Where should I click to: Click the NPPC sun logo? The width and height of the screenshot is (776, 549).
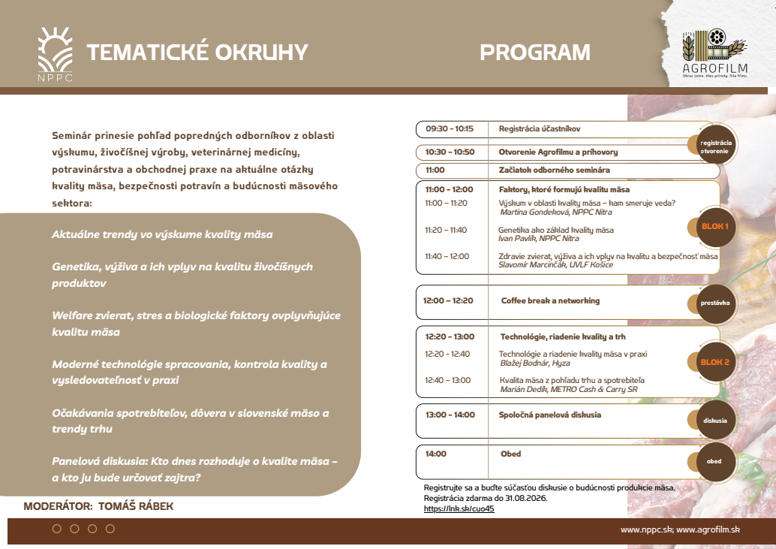56,53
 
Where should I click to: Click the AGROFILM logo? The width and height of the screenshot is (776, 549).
714,53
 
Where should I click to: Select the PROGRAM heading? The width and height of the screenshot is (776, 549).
535,53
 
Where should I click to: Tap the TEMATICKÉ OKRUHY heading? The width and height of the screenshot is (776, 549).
197,53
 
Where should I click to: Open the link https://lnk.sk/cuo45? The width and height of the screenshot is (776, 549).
459,509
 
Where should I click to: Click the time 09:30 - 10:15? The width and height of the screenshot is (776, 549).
450,128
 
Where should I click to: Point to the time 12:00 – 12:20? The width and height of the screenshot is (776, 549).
448,300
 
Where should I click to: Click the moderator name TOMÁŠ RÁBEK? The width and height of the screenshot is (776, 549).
136,506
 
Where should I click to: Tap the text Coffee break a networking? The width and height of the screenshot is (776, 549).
550,300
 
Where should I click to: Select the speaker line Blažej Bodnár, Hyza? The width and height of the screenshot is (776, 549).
535,363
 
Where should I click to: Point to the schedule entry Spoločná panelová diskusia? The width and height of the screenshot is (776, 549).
550,415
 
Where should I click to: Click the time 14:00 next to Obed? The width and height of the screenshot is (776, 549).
435,454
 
